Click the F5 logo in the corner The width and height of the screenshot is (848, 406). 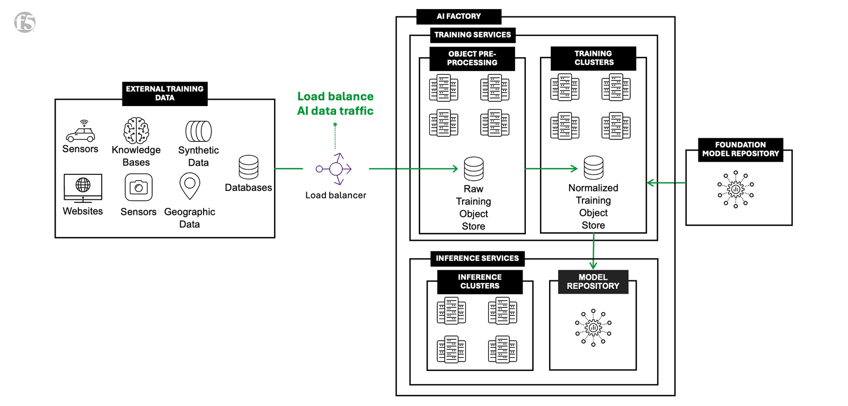(x=24, y=22)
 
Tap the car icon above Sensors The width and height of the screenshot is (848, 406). (x=81, y=131)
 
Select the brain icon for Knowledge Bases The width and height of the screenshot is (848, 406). (x=136, y=130)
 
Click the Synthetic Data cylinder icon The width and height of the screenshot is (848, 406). (x=198, y=131)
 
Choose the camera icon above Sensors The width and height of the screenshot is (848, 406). (x=138, y=187)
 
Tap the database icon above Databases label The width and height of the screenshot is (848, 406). (x=248, y=167)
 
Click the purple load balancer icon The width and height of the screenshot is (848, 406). (x=335, y=169)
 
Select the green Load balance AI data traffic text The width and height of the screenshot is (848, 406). (x=335, y=103)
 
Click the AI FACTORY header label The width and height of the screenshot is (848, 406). (x=458, y=16)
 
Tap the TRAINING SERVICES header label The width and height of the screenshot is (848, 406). (x=472, y=35)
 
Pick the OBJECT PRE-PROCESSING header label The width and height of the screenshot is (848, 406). (x=472, y=58)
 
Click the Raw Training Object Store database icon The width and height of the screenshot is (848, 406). (x=473, y=169)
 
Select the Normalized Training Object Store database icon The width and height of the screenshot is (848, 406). (x=593, y=167)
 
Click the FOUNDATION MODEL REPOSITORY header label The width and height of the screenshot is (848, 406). (x=740, y=149)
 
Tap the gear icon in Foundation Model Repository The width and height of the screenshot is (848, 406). (x=736, y=189)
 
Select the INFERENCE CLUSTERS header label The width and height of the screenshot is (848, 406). (x=479, y=281)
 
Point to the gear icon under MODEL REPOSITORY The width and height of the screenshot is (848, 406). (x=593, y=328)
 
